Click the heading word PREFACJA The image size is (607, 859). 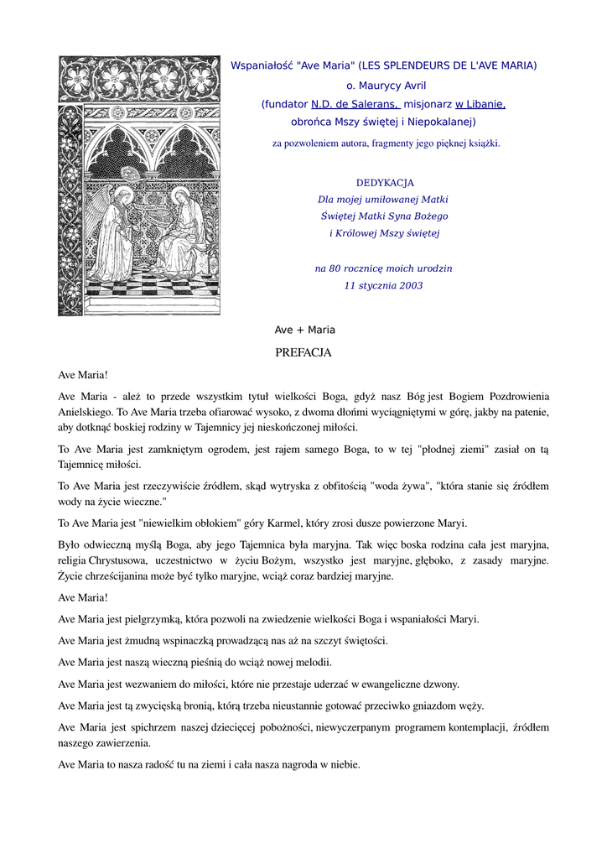(x=303, y=352)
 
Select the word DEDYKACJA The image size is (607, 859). (x=385, y=182)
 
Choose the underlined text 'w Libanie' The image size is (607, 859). (x=480, y=104)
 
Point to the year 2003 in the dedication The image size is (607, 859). (x=409, y=285)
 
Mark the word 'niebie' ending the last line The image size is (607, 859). (x=344, y=764)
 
